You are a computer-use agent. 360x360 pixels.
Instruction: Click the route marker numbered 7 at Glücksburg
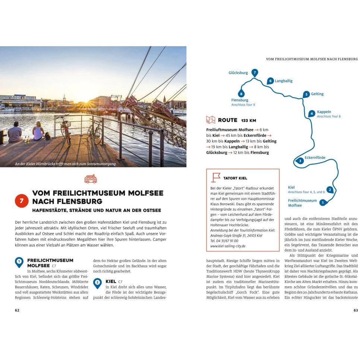click(255, 72)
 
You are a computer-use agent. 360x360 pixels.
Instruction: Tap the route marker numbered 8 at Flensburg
click(241, 94)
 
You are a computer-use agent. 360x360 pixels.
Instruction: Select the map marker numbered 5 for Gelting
click(306, 94)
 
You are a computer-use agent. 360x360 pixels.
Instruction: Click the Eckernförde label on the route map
click(315, 158)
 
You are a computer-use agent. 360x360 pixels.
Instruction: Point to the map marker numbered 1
click(322, 203)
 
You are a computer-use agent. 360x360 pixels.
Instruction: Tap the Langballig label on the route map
click(284, 81)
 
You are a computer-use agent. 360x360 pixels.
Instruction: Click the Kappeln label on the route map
click(324, 112)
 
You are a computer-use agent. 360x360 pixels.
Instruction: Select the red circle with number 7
click(22, 201)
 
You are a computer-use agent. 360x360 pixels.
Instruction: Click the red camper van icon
click(91, 179)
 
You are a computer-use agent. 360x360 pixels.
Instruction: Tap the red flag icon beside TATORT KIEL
click(216, 178)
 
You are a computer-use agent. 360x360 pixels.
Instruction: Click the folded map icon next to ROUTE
click(211, 120)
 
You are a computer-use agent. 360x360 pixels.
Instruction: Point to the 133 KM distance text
click(249, 121)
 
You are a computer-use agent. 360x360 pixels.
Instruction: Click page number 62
click(17, 310)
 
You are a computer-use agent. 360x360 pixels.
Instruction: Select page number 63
click(355, 310)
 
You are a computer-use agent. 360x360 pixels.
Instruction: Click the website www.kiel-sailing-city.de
click(228, 246)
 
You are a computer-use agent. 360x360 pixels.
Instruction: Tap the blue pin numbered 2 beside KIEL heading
click(97, 283)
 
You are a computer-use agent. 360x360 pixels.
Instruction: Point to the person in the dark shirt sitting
click(15, 133)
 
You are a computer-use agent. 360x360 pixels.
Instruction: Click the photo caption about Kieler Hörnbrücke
click(65, 164)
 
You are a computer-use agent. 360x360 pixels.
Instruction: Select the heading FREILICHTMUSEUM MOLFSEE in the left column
click(50, 263)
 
